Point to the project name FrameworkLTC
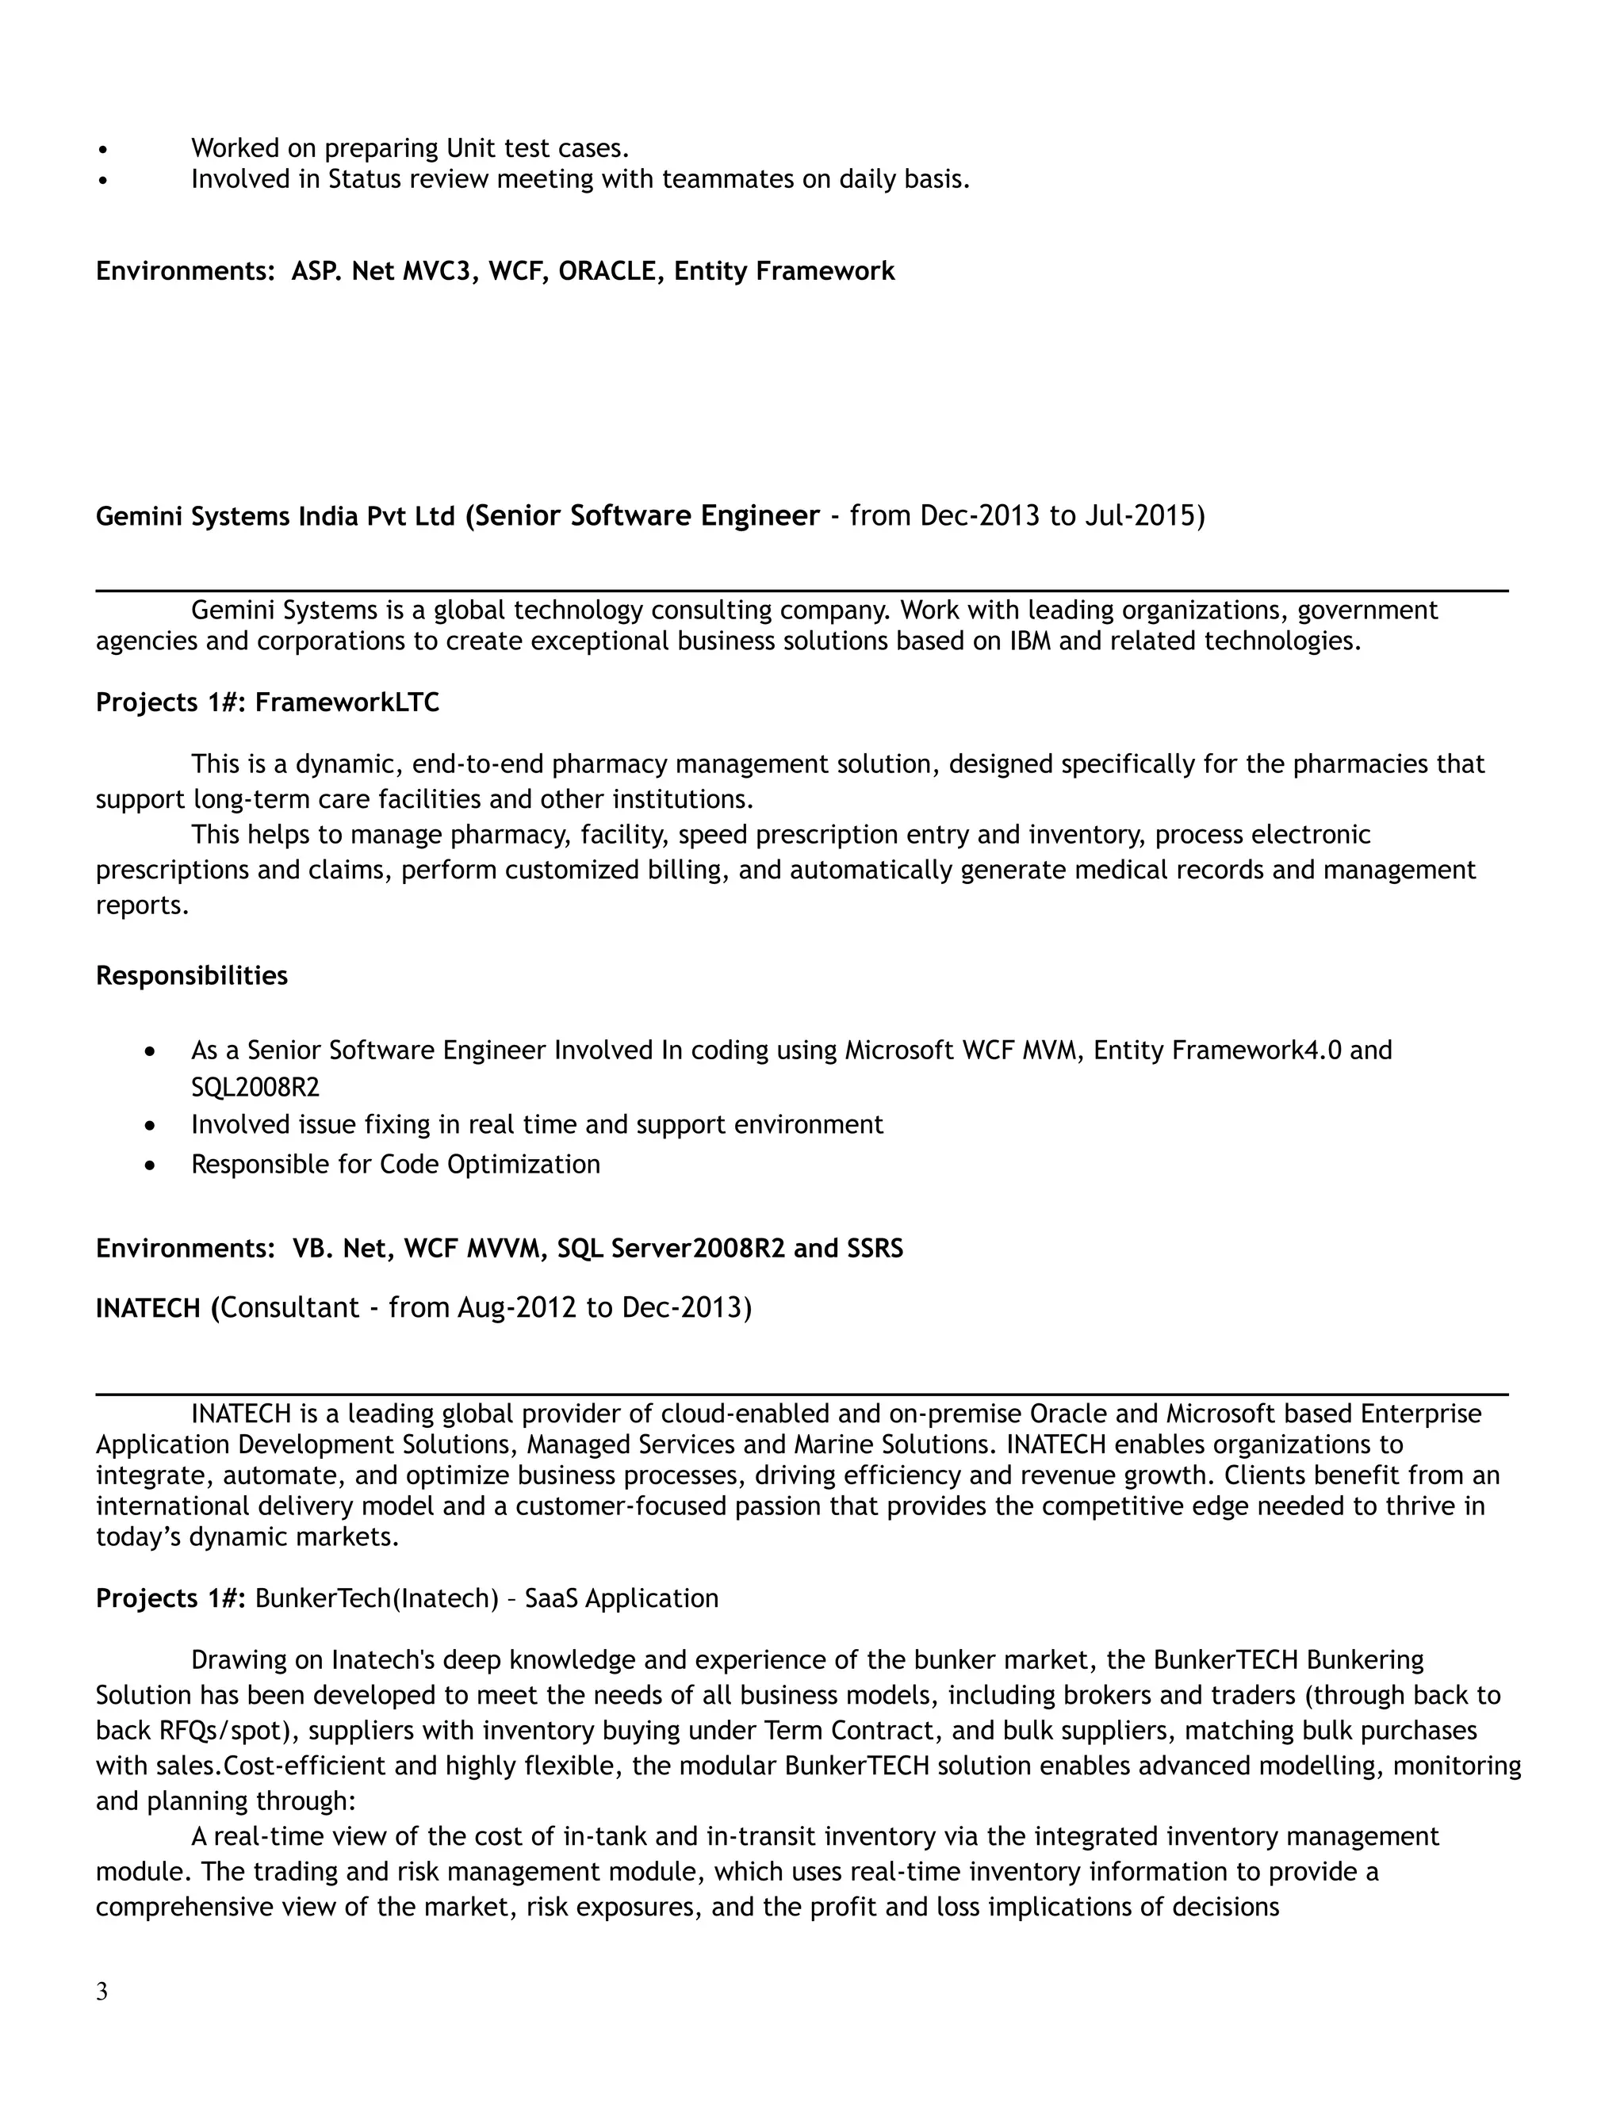point(347,703)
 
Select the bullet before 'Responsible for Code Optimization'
point(149,1165)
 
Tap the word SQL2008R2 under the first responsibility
point(255,1088)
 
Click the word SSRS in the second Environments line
point(875,1249)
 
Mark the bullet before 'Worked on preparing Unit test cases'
point(103,149)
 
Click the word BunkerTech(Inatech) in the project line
point(377,1599)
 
